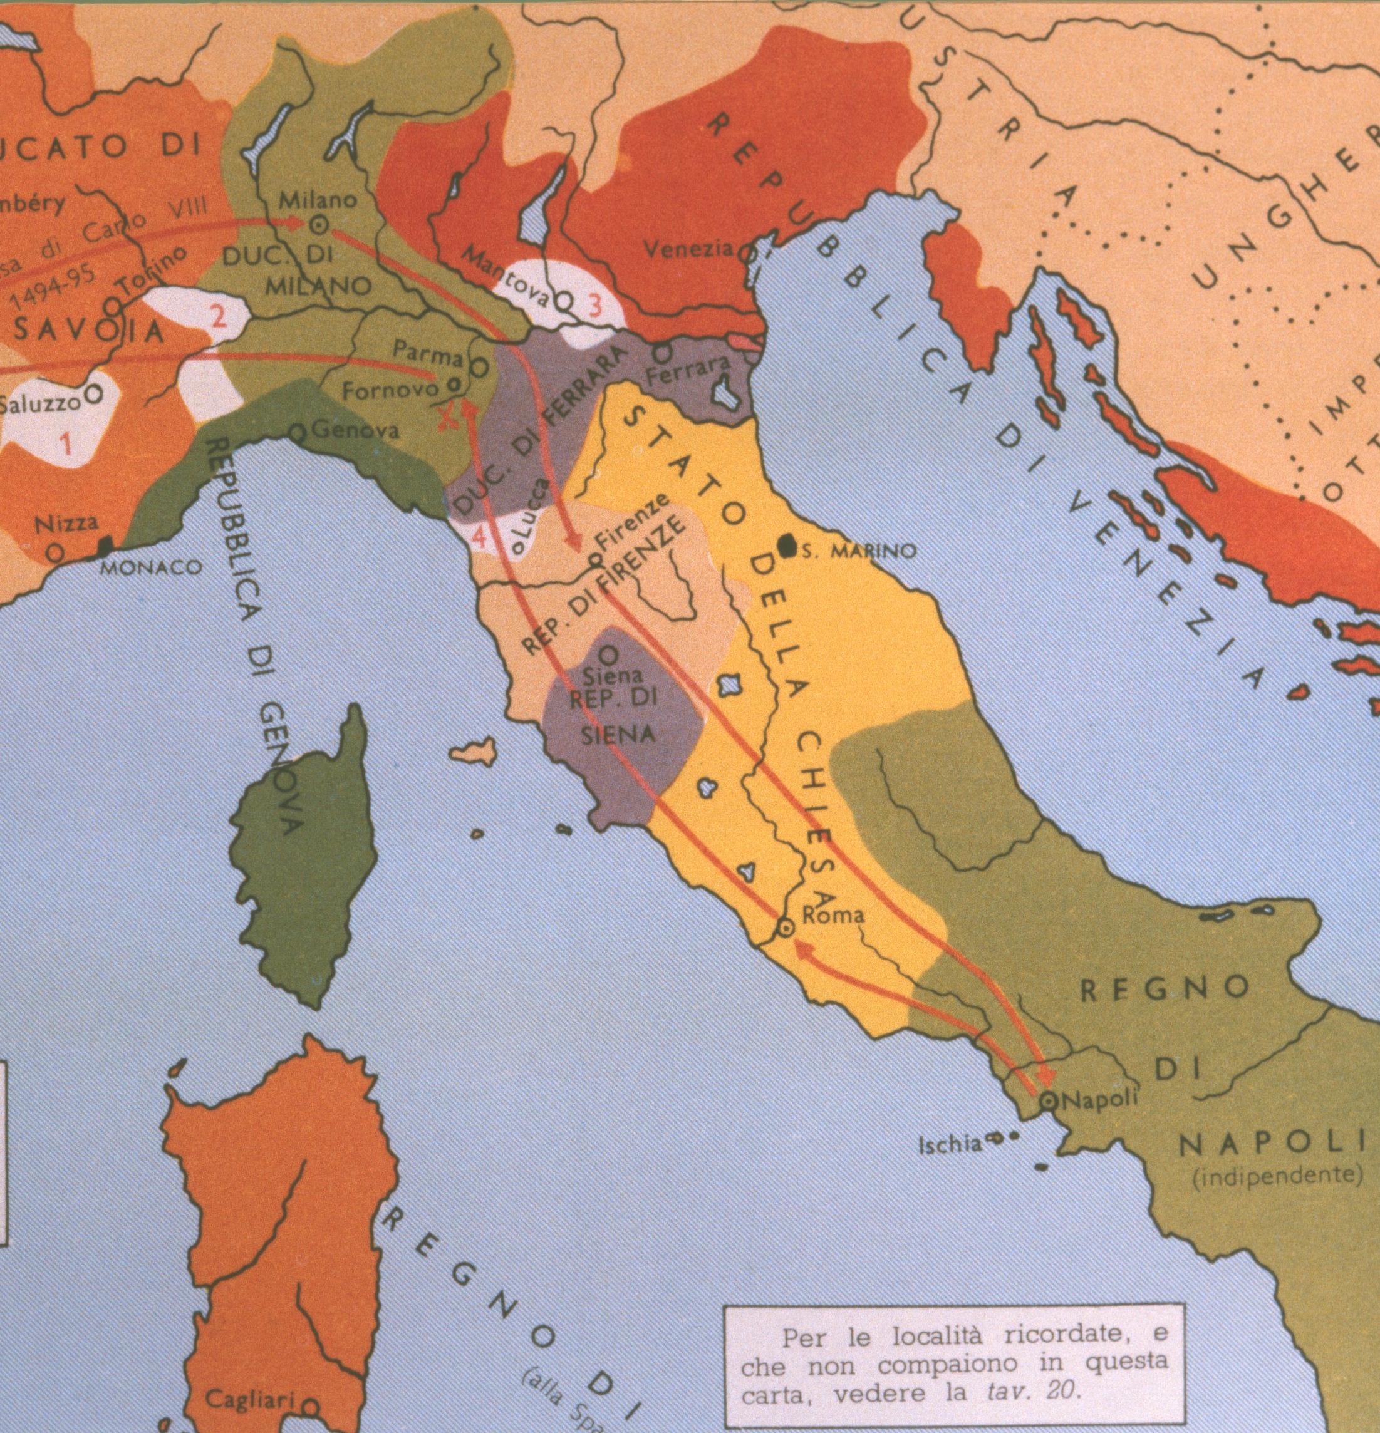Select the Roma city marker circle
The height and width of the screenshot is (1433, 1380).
point(784,927)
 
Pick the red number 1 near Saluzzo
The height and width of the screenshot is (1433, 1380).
point(66,443)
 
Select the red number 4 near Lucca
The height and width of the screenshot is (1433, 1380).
point(480,537)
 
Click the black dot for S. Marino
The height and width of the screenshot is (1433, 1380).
point(786,546)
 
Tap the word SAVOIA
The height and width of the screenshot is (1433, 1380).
point(88,331)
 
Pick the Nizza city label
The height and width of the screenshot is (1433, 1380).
point(66,523)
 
